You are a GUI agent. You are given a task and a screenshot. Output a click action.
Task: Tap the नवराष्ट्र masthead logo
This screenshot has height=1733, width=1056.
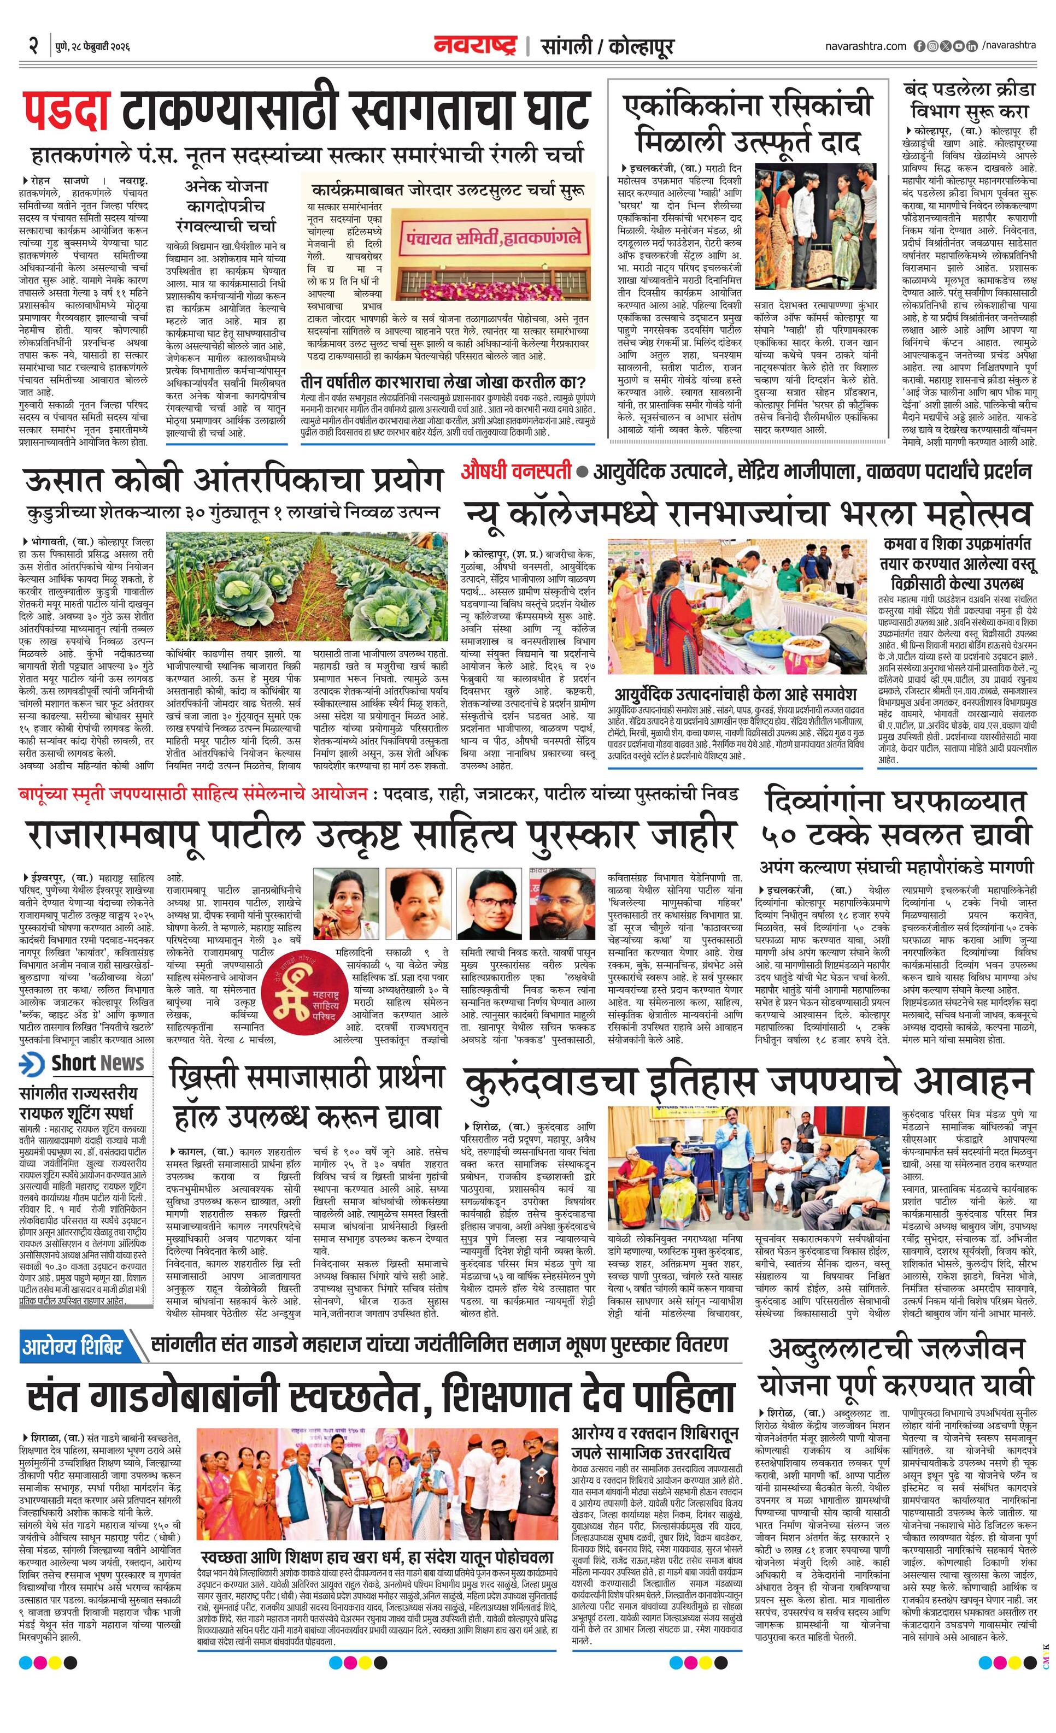tap(475, 46)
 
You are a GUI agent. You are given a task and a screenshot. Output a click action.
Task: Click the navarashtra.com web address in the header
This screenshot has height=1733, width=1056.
tap(866, 46)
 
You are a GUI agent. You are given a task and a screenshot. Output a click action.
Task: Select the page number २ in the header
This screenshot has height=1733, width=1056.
tap(33, 46)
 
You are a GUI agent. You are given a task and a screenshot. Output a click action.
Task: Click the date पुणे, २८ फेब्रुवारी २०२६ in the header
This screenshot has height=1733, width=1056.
tap(93, 46)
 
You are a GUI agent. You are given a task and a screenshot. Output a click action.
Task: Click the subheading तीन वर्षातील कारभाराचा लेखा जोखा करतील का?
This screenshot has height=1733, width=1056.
tap(443, 382)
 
